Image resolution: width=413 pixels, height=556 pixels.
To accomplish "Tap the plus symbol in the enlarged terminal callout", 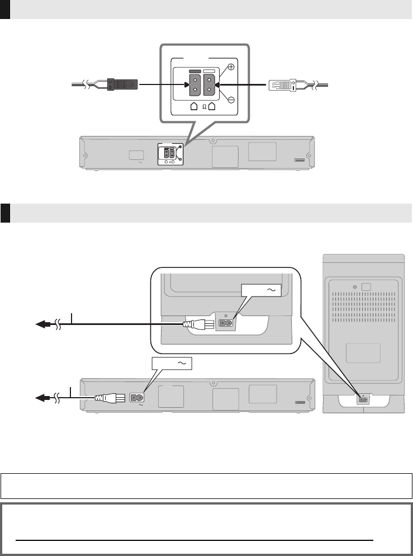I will pos(231,67).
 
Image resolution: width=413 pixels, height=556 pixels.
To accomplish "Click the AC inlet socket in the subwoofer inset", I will pos(226,323).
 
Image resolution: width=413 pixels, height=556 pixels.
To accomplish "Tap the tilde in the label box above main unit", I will pos(181,364).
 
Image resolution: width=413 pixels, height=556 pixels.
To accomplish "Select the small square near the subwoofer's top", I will pos(367,288).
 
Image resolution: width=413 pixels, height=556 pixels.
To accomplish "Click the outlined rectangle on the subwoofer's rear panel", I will pos(363,352).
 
